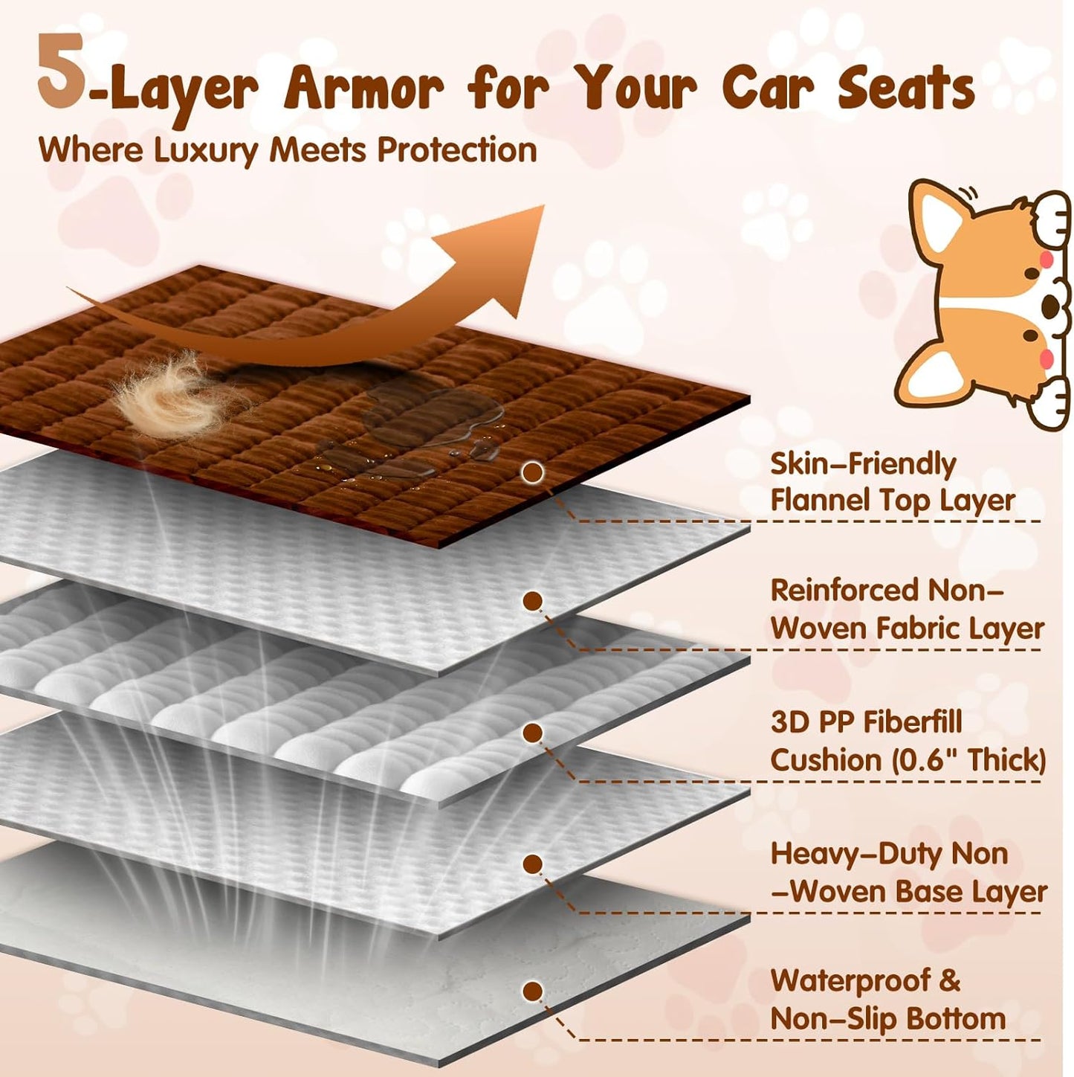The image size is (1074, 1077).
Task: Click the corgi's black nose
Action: tap(1051, 305)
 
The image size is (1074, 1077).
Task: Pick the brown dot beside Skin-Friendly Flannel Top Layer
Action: tap(531, 472)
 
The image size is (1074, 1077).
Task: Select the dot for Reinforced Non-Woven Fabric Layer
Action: tap(532, 601)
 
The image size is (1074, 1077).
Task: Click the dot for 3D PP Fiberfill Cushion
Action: tap(531, 733)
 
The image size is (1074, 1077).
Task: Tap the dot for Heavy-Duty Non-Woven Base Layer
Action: tap(531, 864)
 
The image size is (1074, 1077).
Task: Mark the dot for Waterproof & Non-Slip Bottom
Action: tap(531, 991)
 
